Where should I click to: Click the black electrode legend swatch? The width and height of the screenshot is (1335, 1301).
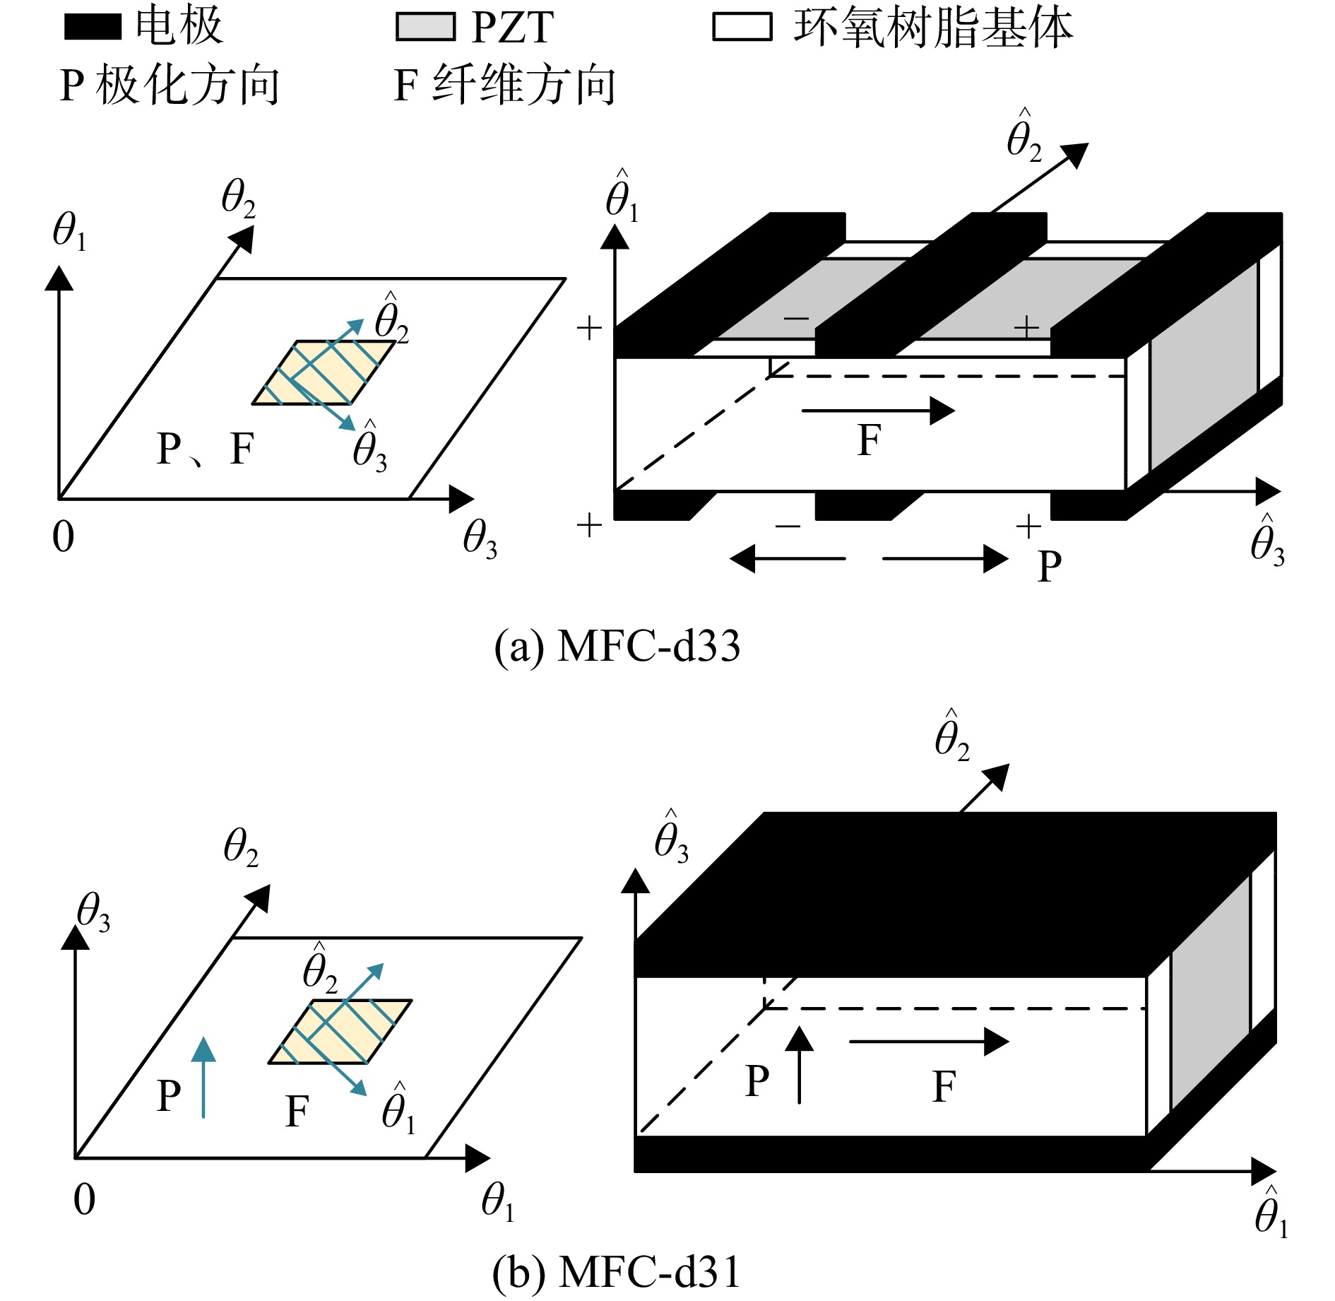[x=93, y=27]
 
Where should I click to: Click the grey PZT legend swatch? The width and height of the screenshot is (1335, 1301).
[x=425, y=27]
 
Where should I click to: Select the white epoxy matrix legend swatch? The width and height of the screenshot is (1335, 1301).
[x=742, y=27]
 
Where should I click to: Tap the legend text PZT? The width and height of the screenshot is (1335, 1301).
[x=512, y=28]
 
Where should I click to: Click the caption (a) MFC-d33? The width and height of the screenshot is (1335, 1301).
[x=617, y=646]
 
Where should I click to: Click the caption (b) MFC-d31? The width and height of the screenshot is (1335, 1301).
[x=616, y=1273]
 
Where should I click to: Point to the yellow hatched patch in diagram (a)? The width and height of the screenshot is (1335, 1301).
[x=324, y=372]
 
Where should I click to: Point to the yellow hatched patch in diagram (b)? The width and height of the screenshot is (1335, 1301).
[x=340, y=1031]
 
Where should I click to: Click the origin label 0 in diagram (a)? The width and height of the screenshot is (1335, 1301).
[x=64, y=536]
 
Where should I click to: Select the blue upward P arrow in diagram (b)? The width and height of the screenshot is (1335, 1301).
[x=203, y=1077]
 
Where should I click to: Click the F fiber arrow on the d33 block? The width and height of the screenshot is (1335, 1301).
[x=878, y=411]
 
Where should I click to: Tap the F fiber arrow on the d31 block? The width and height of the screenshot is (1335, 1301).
[x=929, y=1041]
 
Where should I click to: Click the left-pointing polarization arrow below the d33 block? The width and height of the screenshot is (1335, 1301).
[x=788, y=559]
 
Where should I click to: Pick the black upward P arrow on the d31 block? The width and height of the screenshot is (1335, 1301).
[x=799, y=1064]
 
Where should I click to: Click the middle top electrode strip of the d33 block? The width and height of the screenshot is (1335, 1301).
[x=931, y=284]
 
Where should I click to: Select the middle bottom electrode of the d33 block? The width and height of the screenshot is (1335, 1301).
[x=870, y=505]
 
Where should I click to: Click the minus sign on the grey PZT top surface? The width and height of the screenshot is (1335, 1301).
[x=796, y=319]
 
